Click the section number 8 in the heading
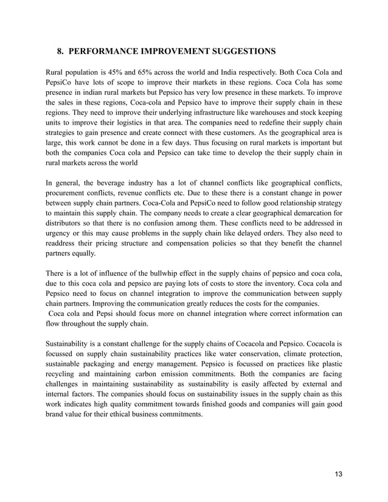(x=60, y=50)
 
